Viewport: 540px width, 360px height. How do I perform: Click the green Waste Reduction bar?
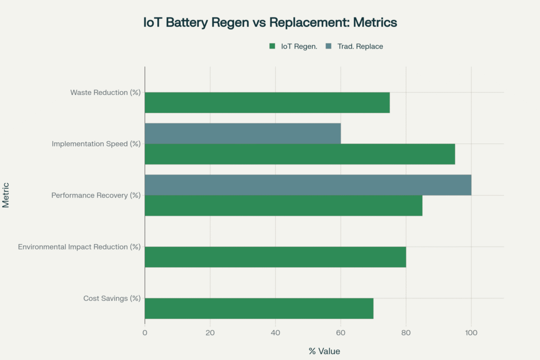[x=267, y=102]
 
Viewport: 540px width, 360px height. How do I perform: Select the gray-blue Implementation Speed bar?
[x=243, y=133]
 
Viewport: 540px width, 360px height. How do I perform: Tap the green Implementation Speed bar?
[x=300, y=154]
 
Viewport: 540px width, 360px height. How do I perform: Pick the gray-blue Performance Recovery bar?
[x=307, y=185]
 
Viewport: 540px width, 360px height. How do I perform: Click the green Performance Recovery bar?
[x=283, y=206]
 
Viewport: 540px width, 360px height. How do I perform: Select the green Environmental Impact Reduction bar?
[x=275, y=257]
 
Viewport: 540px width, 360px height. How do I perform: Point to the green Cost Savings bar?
[x=259, y=308]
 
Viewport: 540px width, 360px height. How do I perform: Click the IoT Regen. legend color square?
[x=273, y=46]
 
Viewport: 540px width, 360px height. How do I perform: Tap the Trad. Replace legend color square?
[x=329, y=46]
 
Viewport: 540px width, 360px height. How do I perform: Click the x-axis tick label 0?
[x=145, y=333]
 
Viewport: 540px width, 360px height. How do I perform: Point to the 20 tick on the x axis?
[x=210, y=333]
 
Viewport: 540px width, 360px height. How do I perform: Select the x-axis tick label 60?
[x=341, y=333]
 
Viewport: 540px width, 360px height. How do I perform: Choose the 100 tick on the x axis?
[x=471, y=333]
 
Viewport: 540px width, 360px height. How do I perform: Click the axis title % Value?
[x=324, y=351]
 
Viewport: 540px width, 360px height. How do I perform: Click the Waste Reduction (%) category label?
[x=105, y=93]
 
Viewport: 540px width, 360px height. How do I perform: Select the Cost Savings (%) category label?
[x=112, y=298]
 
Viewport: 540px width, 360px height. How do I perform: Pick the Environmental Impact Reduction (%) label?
[x=79, y=247]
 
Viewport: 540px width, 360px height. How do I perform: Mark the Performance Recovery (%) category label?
[x=96, y=196]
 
